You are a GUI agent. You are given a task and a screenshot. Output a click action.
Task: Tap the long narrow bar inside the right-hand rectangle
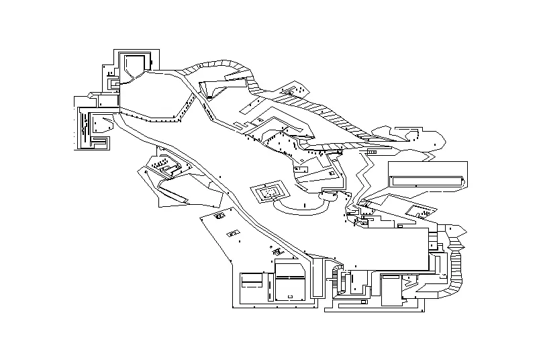click(x=426, y=180)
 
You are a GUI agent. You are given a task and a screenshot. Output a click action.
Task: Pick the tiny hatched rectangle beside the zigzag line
click(x=371, y=152)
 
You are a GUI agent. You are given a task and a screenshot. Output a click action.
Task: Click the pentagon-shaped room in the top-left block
click(x=134, y=65)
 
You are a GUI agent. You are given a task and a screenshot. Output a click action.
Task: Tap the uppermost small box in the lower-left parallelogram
click(x=219, y=217)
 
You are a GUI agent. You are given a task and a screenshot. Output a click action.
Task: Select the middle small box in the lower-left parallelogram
click(x=233, y=233)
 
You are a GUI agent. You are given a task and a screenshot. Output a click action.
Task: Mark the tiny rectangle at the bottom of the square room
click(x=290, y=296)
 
